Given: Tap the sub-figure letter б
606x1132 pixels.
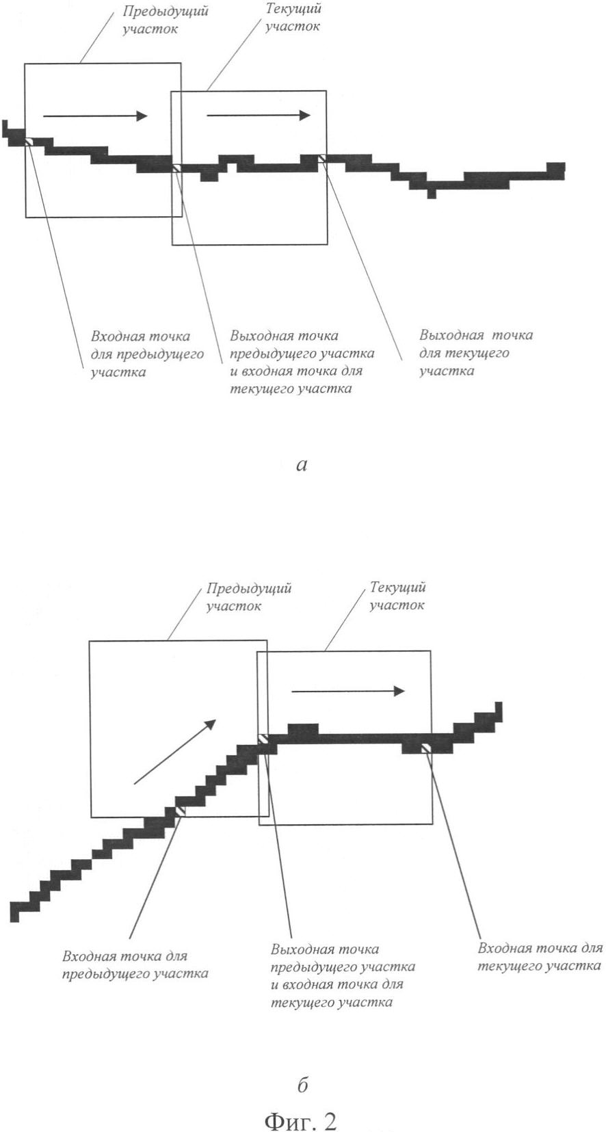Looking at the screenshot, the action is click(303, 1085).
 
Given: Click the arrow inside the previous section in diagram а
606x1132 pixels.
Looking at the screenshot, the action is click(95, 116).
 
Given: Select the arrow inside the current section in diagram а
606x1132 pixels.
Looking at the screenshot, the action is click(259, 115).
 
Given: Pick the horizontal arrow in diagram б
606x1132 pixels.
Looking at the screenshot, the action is click(348, 691).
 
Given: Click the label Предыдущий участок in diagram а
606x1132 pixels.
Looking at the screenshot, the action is click(166, 20).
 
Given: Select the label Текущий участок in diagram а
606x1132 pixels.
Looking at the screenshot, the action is click(293, 18).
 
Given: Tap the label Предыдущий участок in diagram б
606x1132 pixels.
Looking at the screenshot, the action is click(249, 597).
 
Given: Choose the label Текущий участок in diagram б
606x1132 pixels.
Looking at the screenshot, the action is click(397, 596).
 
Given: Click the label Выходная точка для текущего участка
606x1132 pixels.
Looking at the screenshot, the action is click(475, 353).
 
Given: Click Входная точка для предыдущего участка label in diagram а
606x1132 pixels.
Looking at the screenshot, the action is click(147, 354).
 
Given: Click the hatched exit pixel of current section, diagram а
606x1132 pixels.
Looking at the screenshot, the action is click(322, 159).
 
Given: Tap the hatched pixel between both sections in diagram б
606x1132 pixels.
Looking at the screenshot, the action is click(263, 739).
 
